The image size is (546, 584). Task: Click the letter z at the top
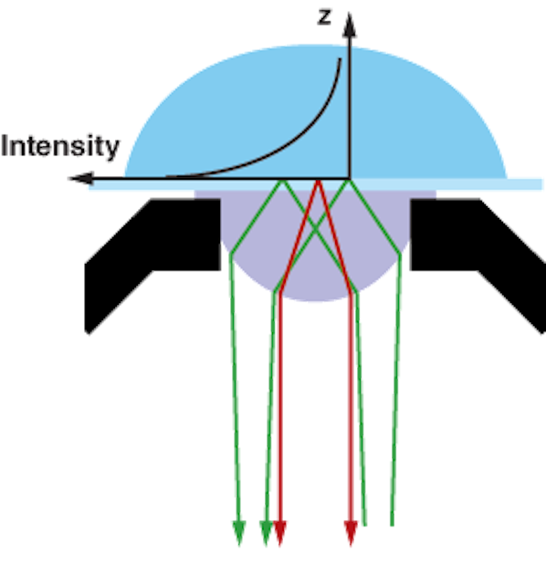324,17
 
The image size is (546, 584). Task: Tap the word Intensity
60,146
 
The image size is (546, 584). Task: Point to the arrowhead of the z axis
349,25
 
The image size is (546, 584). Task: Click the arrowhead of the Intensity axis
81,179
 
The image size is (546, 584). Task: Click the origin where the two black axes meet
350,179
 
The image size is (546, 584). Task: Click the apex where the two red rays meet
318,181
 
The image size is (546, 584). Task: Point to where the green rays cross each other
316,229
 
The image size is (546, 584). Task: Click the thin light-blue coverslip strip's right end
541,184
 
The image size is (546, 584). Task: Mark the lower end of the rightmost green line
392,526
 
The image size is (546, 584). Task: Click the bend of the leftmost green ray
231,255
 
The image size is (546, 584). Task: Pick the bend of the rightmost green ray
400,255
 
